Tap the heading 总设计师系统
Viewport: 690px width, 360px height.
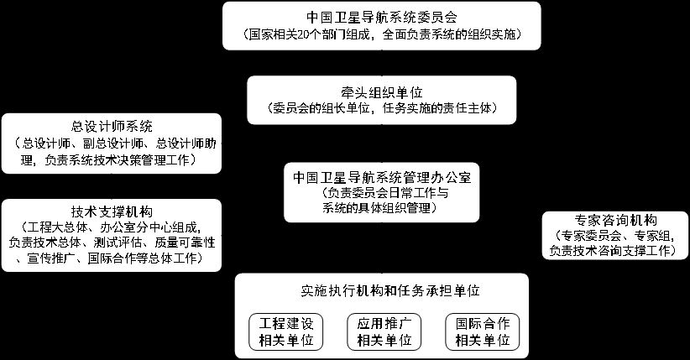(112, 127)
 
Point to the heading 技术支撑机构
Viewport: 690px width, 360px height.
(112, 210)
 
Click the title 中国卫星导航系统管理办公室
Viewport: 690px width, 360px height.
(382, 178)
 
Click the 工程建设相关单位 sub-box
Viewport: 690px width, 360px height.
(285, 332)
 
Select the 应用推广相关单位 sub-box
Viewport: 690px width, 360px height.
(382, 332)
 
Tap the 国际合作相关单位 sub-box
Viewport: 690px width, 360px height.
(479, 332)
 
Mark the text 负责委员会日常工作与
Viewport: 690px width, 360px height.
(382, 193)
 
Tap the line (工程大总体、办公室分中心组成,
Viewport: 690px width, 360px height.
(112, 227)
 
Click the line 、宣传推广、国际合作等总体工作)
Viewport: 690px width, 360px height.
(112, 258)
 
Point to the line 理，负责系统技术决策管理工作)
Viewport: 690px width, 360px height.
(112, 159)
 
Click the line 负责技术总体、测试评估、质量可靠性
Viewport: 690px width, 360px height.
(112, 243)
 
